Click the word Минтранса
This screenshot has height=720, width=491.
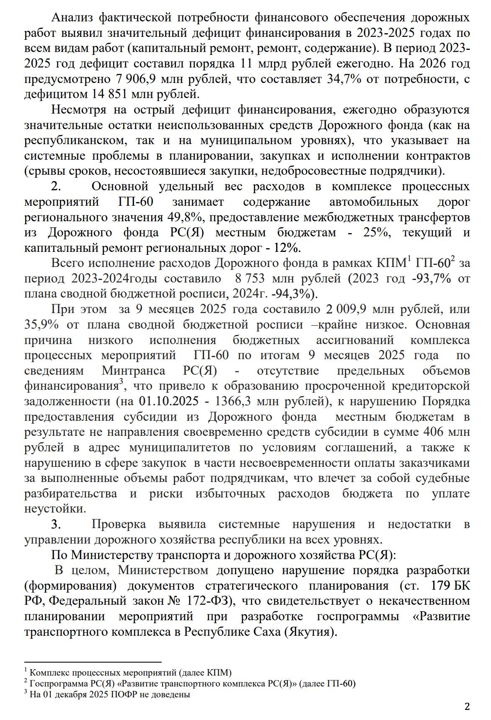point(133,371)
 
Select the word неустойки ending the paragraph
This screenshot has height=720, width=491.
point(54,509)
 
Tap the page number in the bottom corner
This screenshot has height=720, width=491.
point(467,706)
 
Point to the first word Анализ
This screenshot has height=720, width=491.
point(72,18)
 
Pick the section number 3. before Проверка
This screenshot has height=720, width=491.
point(57,524)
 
